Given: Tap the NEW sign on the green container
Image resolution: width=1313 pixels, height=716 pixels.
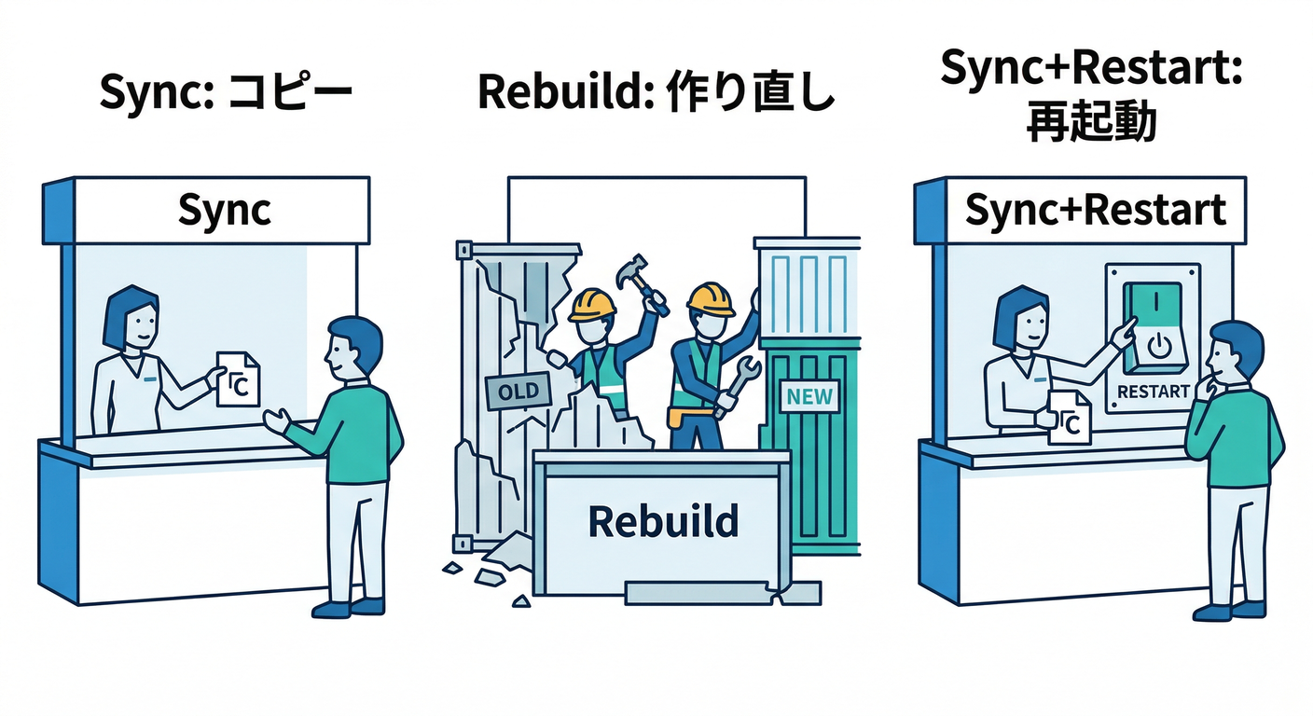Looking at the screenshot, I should (809, 396).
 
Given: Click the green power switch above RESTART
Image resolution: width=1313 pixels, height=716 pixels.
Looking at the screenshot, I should (1153, 327).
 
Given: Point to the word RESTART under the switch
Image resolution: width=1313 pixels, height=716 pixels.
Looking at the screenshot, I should (1153, 392).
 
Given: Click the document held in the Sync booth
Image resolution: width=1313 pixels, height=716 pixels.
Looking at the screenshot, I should (237, 378).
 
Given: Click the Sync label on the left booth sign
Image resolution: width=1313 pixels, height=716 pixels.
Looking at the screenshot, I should (224, 211).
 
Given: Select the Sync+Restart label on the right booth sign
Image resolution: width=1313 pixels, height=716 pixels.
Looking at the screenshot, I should (1095, 211).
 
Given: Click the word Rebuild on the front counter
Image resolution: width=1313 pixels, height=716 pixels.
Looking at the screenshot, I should (663, 521).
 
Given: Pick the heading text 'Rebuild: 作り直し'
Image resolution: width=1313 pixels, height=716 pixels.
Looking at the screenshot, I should (656, 95).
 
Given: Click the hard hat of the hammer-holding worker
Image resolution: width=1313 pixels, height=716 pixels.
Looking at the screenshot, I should (593, 304).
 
